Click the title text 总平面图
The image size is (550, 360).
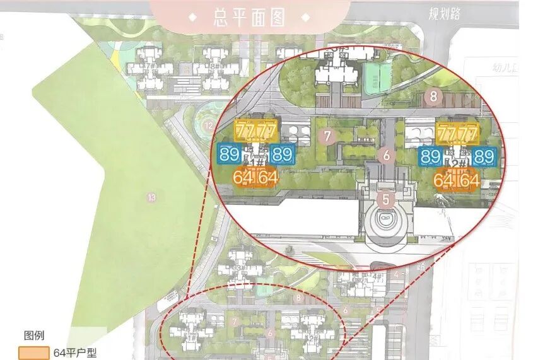point(250,18)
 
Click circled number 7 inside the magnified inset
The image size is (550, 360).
point(326,135)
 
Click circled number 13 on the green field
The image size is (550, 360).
point(150,197)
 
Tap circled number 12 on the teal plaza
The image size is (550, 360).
point(209,125)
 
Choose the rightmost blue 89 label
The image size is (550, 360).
point(484,156)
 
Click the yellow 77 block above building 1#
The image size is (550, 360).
point(256,132)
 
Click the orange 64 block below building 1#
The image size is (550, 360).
point(255,178)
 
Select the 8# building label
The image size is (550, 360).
point(215,66)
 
